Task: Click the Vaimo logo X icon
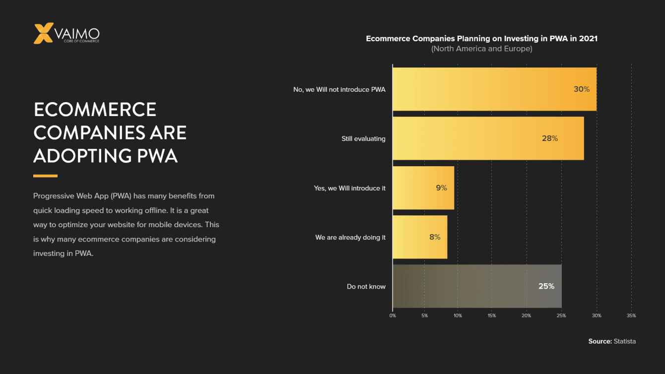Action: [43, 33]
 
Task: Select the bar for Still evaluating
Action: [488, 138]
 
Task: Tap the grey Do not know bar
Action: [476, 286]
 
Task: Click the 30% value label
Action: [582, 89]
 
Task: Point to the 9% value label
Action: [441, 188]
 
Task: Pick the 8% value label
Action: [435, 237]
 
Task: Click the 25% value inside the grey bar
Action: [546, 286]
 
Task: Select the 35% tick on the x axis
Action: [631, 315]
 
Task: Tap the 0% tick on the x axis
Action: [393, 315]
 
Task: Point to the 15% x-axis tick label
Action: [492, 315]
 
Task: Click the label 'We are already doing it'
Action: [350, 238]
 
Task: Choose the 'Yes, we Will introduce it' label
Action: [349, 188]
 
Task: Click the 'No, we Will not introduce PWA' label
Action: [339, 90]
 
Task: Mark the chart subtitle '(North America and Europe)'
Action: [481, 49]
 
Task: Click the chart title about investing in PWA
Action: [481, 39]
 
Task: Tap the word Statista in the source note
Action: [624, 341]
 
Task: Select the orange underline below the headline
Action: [45, 176]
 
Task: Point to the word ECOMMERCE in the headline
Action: [95, 110]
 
